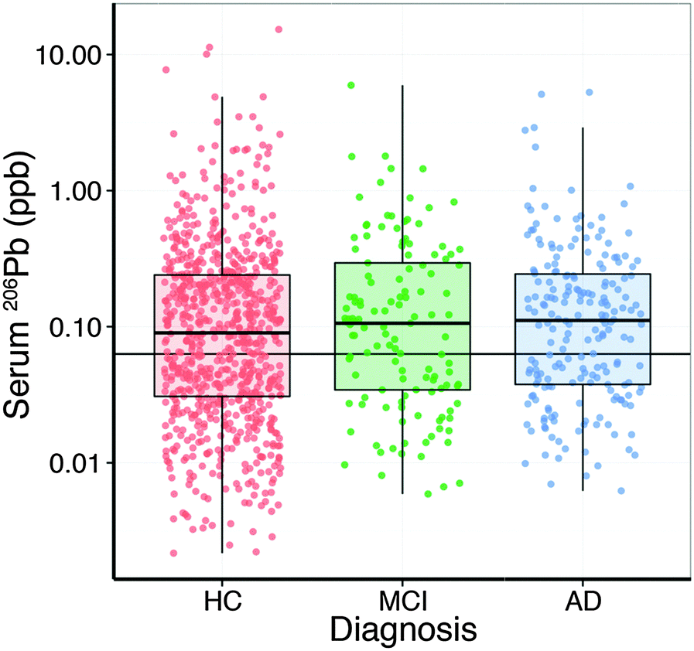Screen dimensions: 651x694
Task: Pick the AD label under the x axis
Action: click(x=583, y=600)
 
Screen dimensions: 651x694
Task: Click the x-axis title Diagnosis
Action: click(x=402, y=629)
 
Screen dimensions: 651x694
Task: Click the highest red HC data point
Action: click(x=279, y=29)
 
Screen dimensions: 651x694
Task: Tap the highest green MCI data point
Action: click(x=351, y=85)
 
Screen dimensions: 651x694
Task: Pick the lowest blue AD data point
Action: click(x=621, y=491)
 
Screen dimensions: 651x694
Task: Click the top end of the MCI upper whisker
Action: click(x=402, y=86)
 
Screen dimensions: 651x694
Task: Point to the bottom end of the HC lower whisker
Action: click(x=222, y=552)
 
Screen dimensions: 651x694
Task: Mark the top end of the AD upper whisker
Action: click(x=583, y=128)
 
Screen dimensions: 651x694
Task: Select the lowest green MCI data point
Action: click(x=428, y=493)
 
